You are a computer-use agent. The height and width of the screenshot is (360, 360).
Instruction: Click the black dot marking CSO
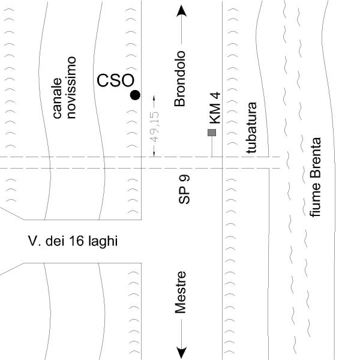(x=136, y=95)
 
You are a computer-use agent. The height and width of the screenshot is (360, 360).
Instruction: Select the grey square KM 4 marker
(x=211, y=133)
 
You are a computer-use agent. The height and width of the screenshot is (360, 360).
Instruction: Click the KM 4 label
(x=215, y=107)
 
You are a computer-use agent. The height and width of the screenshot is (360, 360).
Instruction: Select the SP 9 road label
(x=184, y=189)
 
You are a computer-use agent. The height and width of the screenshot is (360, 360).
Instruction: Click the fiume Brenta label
(x=316, y=178)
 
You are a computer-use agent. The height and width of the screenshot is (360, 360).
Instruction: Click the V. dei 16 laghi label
(x=74, y=242)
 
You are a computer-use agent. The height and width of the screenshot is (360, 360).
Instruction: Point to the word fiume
(x=316, y=206)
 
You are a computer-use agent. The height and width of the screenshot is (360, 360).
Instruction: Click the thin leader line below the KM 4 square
(x=211, y=147)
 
